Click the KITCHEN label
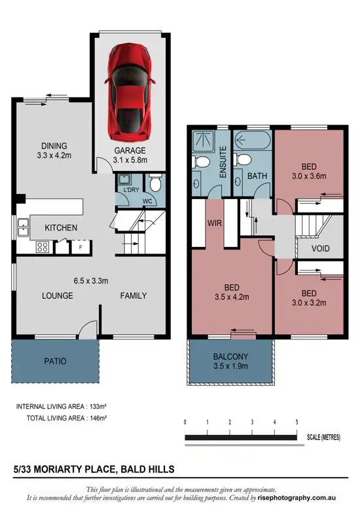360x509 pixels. tap(61, 228)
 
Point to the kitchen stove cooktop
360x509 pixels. tap(43, 247)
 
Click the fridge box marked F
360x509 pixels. tap(80, 248)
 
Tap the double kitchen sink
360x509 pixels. tap(23, 228)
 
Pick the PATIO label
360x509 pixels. tap(55, 361)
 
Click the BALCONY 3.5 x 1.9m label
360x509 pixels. tap(230, 361)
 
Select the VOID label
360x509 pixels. tap(320, 249)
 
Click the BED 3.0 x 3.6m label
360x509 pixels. tap(308, 171)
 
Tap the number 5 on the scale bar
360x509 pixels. tap(297, 423)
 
